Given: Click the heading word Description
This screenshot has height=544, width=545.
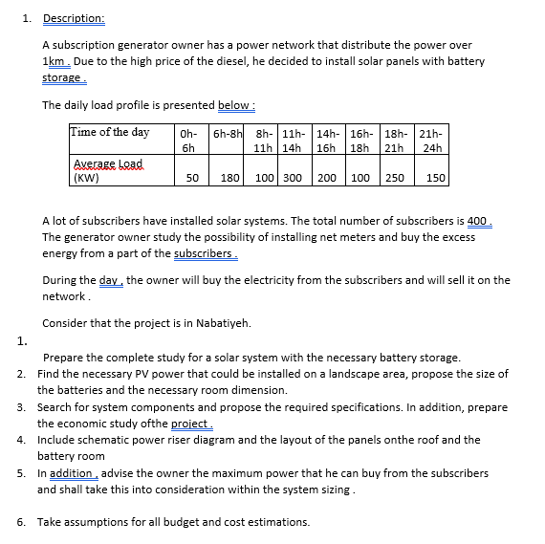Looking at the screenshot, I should [x=72, y=18].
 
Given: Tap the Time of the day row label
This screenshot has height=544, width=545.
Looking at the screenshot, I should [x=110, y=132].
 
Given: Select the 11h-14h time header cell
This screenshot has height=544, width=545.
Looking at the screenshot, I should [x=293, y=140].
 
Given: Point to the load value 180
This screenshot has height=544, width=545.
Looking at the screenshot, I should [x=229, y=178].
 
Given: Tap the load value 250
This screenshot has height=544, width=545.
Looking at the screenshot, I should [x=394, y=178].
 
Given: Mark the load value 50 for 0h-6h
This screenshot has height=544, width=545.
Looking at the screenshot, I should [x=192, y=178].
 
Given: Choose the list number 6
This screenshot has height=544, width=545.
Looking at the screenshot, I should [x=21, y=522].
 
